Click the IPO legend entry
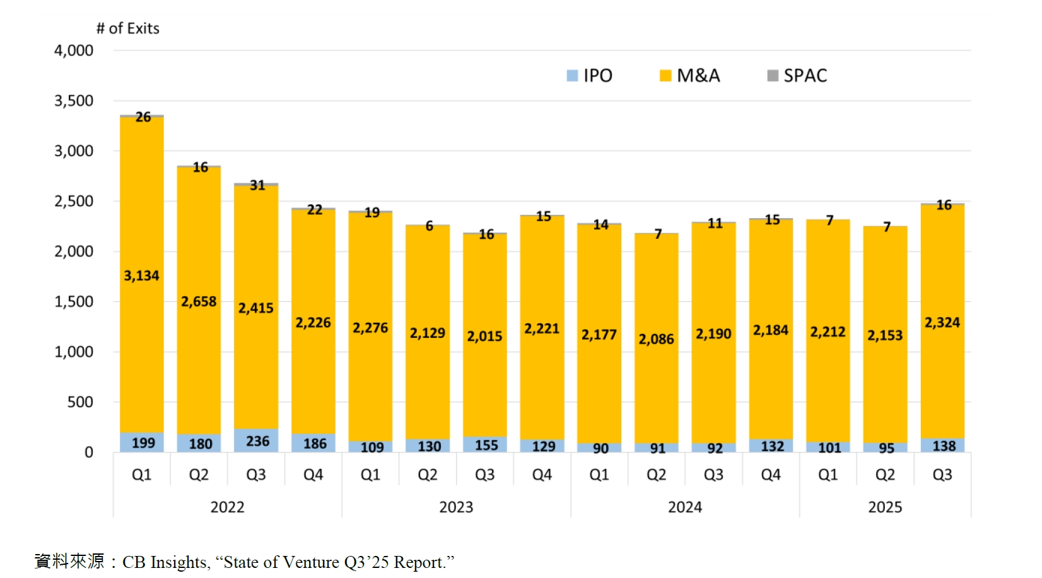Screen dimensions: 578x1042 coord(590,76)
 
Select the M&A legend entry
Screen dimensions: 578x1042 coord(690,76)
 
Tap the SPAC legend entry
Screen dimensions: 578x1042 coord(797,76)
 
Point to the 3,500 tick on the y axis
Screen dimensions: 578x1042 coord(74,101)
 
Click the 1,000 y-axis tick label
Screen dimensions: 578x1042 coord(74,352)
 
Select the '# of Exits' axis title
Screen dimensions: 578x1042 coord(127,28)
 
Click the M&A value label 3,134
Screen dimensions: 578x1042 coord(141,275)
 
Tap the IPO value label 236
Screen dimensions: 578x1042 coord(257,441)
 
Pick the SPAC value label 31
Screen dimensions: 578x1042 coord(257,185)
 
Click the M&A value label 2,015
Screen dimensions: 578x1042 coord(484,337)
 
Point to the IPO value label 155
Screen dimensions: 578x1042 coord(486,445)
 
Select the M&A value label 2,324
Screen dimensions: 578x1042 coord(942,323)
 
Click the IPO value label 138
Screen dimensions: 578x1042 coord(944,446)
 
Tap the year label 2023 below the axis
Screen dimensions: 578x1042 coord(456,507)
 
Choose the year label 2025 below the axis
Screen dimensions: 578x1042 coord(885,507)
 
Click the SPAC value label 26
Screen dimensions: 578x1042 coord(143,117)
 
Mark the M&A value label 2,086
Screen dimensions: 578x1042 coord(656,339)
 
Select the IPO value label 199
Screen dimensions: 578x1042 coord(143,443)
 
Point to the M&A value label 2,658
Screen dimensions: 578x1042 coord(199,301)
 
